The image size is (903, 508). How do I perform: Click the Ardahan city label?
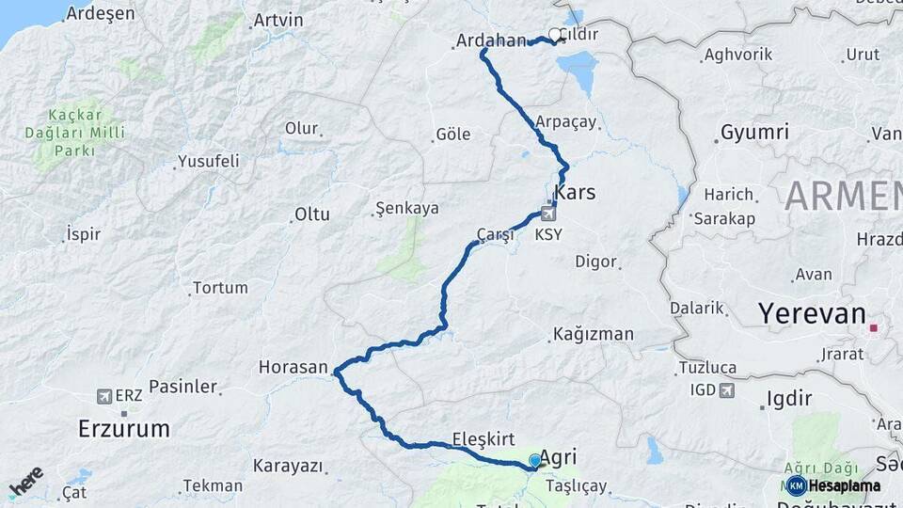pos(489,40)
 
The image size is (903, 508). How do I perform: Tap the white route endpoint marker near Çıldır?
pos(554,35)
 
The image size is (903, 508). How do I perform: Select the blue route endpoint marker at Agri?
pos(535,460)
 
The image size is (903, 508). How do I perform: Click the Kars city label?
pos(575,193)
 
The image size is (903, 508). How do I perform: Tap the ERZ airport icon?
pos(103,396)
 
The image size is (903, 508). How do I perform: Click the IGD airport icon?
pos(726,389)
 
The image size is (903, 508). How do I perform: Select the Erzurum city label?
pos(124,429)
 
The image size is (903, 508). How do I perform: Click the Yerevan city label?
pos(813,313)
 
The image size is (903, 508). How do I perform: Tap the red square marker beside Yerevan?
pos(874,328)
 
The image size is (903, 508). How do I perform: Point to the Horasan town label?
pos(293,367)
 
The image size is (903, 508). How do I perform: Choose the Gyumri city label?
pos(754,133)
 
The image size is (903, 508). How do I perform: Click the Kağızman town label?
pos(593,334)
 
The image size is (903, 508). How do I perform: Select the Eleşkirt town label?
pos(483,438)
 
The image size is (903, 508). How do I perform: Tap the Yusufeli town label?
pos(208,161)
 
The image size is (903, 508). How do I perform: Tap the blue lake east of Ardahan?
pos(578,71)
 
